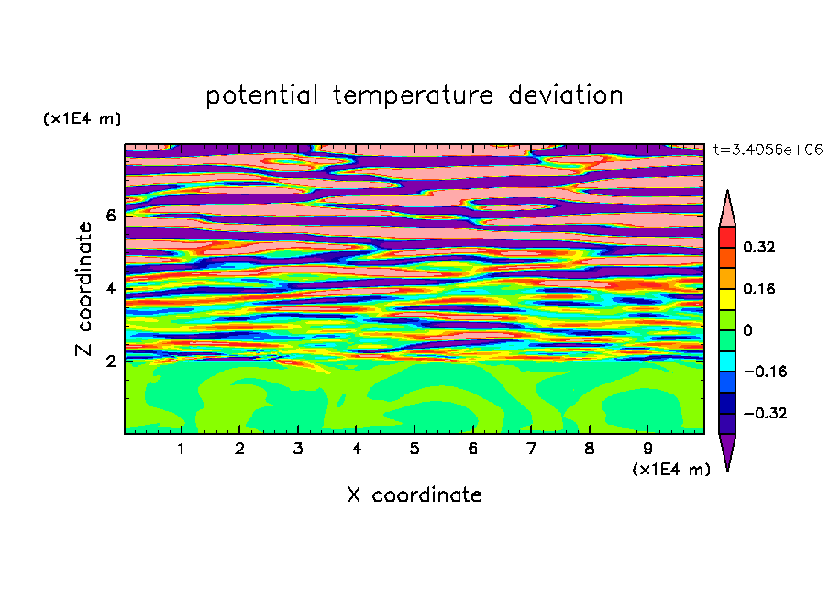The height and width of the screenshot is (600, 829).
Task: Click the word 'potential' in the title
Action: point(261,95)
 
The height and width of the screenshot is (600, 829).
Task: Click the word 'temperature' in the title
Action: point(413,95)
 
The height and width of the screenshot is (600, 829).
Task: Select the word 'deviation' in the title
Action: point(566,94)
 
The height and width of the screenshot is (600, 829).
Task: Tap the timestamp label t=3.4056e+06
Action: point(768,150)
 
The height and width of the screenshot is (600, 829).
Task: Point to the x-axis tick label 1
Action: point(181,449)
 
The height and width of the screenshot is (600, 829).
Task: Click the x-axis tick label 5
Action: point(414,449)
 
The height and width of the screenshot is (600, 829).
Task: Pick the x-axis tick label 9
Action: point(647,449)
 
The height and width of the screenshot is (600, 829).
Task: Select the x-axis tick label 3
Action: point(298,449)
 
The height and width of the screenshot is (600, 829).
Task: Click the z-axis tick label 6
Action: point(110,216)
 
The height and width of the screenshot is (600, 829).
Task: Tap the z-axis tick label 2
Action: point(110,361)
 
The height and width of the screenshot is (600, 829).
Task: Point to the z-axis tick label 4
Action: point(110,288)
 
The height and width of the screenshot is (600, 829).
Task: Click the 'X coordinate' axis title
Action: point(414,494)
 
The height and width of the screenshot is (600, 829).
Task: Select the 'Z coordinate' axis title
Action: point(83,288)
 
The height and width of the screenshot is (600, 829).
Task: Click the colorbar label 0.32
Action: point(758,247)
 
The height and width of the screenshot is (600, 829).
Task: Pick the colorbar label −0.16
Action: point(765,372)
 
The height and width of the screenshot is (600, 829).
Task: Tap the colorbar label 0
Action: point(747,330)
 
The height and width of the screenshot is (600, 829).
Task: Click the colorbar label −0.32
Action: point(765,413)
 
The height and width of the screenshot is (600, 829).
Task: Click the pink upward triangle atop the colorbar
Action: point(727,212)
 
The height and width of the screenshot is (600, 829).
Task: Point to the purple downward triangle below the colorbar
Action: point(727,449)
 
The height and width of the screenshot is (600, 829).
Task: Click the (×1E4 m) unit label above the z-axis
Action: point(82,118)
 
